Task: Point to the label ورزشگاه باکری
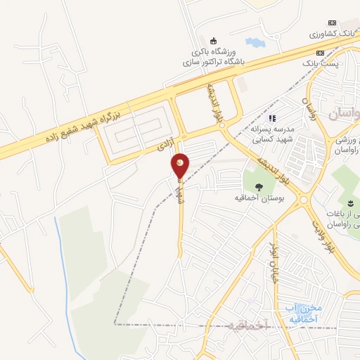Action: pyautogui.click(x=215, y=51)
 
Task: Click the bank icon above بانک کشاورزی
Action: pyautogui.click(x=333, y=23)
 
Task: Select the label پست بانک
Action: pyautogui.click(x=335, y=63)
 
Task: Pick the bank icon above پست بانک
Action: pyautogui.click(x=333, y=53)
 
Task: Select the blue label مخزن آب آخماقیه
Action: pyautogui.click(x=304, y=314)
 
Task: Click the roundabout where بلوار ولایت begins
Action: pyautogui.click(x=304, y=200)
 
